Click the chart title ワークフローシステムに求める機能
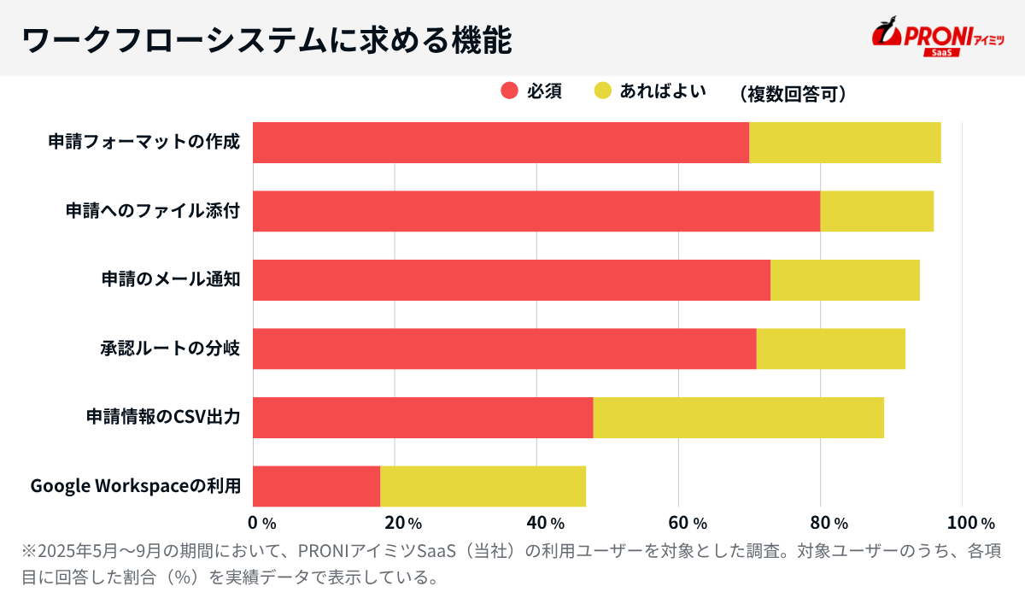pos(266,40)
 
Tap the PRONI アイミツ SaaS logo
pos(937,38)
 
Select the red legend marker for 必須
pos(510,91)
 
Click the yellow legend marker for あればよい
pos(603,91)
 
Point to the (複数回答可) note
pos(793,93)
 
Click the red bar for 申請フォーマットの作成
pos(501,143)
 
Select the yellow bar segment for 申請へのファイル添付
pos(876,211)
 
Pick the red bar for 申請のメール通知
pos(512,280)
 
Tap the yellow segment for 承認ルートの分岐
pos(830,349)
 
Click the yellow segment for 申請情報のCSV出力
pos(738,418)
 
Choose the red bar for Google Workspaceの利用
pos(317,486)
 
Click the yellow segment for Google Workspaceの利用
pos(483,486)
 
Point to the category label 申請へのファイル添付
pos(153,211)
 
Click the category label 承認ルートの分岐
pos(170,349)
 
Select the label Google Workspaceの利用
pos(135,486)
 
